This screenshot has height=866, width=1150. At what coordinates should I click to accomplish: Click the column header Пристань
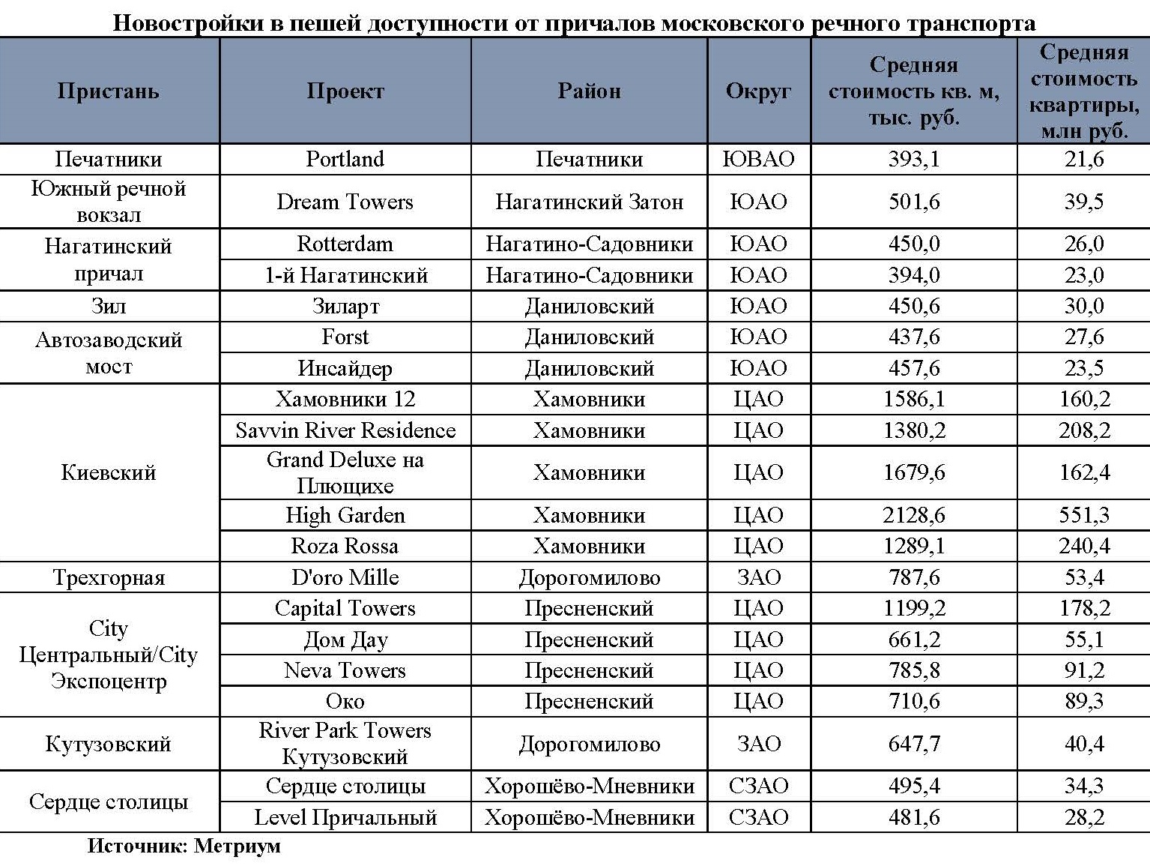(109, 91)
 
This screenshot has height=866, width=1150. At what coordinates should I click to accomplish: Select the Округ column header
(758, 91)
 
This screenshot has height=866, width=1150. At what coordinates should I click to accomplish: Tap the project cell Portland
(345, 159)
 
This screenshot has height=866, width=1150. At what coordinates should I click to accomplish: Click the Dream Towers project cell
(345, 202)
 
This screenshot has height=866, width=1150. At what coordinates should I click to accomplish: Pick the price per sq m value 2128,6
(913, 515)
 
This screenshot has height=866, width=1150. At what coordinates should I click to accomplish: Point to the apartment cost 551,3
(1083, 515)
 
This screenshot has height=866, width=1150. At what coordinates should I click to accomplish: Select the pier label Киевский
(109, 472)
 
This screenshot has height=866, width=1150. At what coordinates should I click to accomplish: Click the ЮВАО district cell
(758, 159)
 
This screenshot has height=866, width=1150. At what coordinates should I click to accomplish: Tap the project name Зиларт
(345, 306)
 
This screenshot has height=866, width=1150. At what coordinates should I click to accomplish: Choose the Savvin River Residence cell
(345, 430)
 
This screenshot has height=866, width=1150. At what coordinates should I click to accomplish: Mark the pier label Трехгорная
(109, 577)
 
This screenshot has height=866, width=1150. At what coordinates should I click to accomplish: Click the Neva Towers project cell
(345, 670)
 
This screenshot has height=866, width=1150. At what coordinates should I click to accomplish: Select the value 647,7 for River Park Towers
(913, 744)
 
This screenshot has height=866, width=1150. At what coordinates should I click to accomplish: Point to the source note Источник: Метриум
(184, 847)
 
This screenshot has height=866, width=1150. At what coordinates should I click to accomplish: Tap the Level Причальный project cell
(345, 817)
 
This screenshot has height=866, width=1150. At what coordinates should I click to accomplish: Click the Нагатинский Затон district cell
(589, 202)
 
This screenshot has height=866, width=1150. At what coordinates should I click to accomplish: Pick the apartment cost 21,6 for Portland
(1083, 159)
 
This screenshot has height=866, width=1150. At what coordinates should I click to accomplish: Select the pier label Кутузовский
(109, 744)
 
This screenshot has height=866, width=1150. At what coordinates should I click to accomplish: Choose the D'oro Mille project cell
(345, 577)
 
